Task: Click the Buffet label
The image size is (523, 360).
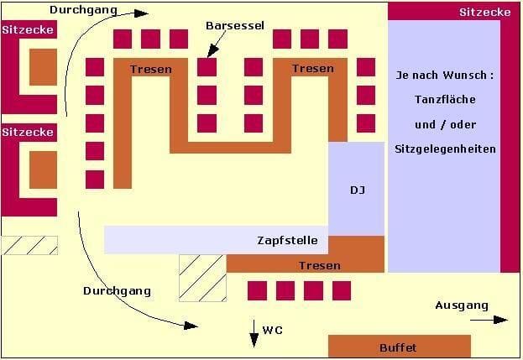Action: pos(398,347)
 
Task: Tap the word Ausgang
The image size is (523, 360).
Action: pos(461,305)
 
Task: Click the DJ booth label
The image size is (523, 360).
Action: pos(357,190)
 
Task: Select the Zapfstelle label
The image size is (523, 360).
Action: pos(287,240)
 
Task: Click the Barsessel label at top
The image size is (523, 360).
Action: pos(235,26)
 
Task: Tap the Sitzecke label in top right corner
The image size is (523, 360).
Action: pos(485,12)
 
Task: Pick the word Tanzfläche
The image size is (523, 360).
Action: pos(445,100)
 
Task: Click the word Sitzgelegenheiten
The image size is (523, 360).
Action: pos(445,149)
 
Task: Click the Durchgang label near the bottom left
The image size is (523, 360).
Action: pos(117,290)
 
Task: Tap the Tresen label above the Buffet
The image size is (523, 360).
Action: pos(320,265)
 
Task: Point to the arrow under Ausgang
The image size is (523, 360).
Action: pos(489,320)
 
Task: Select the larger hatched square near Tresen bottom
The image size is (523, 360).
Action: pos(203,277)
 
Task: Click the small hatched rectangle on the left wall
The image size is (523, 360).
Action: pos(29,245)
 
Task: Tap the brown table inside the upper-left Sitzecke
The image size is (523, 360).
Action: pos(43,67)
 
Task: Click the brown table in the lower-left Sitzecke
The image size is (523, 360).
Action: pos(43,170)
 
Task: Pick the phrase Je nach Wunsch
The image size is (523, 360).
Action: pos(445,76)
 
